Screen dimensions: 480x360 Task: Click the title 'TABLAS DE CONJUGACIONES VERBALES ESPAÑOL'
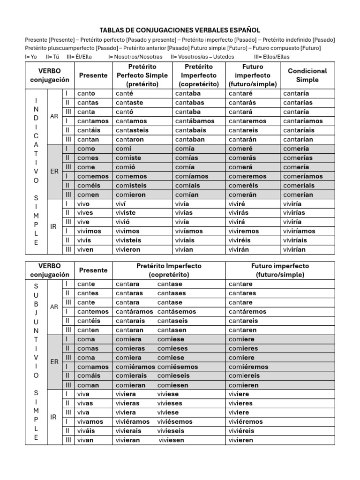180,30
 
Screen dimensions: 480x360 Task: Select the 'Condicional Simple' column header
307,75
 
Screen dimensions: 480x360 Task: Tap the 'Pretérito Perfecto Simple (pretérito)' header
142,75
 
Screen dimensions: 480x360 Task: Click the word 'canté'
124,93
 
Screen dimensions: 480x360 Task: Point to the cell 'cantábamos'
195,121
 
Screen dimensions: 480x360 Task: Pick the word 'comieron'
131,195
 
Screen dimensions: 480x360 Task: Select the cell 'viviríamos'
299,231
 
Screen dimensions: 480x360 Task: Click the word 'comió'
125,167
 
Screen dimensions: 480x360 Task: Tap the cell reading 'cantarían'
298,139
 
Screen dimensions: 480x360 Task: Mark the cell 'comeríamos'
303,176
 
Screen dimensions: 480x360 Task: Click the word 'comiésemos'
178,367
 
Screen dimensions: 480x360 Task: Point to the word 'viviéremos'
246,422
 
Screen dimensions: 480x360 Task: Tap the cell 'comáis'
88,376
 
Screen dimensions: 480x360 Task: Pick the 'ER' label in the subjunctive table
54,362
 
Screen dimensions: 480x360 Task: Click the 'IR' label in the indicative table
53,226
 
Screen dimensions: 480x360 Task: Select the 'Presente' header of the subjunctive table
93,270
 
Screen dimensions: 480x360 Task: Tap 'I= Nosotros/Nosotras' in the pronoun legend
135,57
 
